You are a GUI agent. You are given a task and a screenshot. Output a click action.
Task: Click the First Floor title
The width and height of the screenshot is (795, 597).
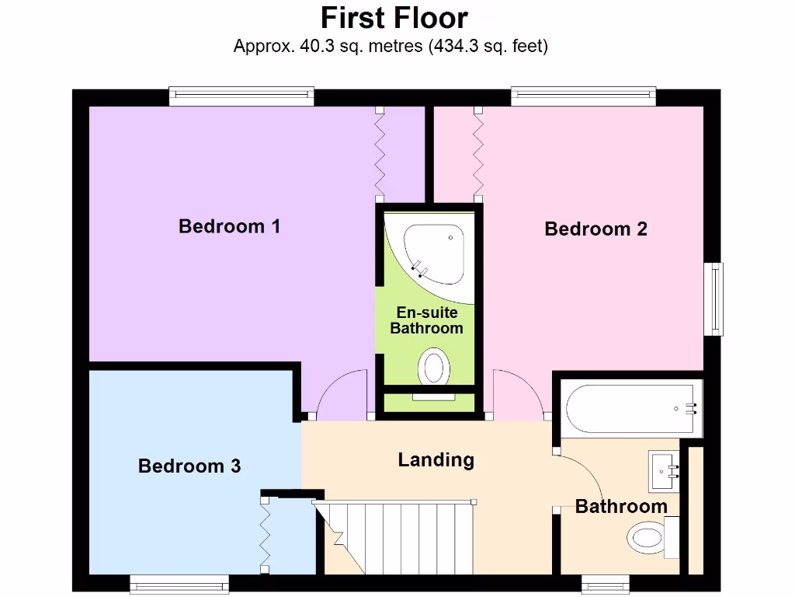coord(394,17)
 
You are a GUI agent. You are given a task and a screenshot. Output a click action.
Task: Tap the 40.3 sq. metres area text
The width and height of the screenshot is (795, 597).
coord(391,47)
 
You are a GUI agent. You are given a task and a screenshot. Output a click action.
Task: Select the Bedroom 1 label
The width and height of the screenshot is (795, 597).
coord(229,226)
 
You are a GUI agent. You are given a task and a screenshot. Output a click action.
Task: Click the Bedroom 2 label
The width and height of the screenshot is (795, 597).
coord(595,229)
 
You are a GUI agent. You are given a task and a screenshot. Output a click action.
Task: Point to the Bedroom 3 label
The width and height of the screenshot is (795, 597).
coord(189,466)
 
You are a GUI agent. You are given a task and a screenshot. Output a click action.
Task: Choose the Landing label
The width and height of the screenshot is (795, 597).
coord(436,459)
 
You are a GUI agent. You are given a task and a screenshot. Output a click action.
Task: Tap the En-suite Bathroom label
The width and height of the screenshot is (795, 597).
coord(426,320)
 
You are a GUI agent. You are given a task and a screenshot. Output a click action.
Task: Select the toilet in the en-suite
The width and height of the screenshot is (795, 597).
coord(433,368)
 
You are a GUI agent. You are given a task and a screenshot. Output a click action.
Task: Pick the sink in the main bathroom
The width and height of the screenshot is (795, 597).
coord(665,471)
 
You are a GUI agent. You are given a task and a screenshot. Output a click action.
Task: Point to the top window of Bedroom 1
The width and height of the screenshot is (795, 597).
coord(242,96)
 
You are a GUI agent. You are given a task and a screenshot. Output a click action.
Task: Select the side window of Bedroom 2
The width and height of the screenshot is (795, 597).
coord(713,299)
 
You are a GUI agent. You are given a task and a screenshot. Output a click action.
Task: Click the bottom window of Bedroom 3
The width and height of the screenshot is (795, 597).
coord(179,584)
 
